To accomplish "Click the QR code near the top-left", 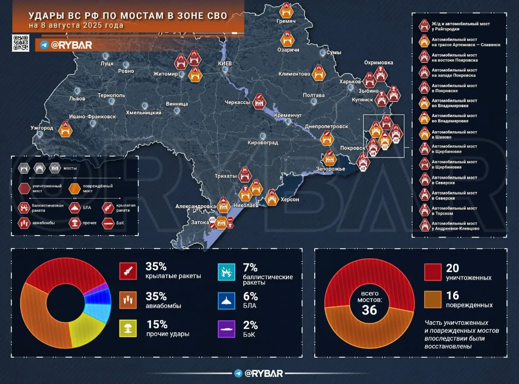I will [20, 44].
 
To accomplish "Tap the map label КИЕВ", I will [225, 63].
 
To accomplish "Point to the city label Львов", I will [77, 99].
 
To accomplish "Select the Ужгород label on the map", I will [42, 128].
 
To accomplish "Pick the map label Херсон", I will [289, 200].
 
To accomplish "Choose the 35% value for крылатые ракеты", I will [156, 266].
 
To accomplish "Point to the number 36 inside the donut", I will [369, 310].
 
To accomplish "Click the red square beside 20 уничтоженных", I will [432, 272].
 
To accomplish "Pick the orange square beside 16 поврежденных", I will [432, 299].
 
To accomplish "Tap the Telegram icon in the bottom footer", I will [238, 374].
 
